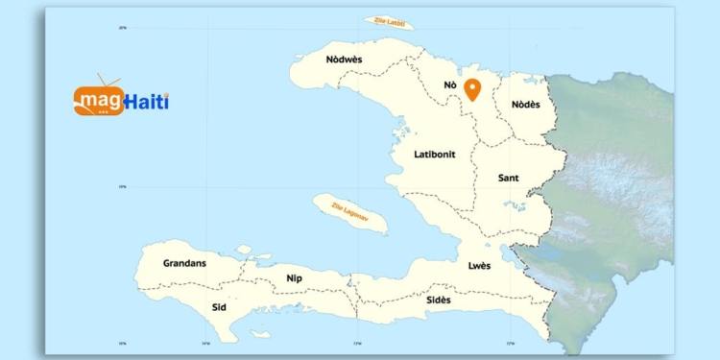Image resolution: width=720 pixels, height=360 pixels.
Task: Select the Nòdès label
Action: (x=525, y=104)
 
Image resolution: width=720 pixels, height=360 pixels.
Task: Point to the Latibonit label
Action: (x=434, y=154)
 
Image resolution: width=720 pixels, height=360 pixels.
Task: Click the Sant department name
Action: (x=509, y=179)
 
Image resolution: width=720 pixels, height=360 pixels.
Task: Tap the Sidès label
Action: (x=439, y=300)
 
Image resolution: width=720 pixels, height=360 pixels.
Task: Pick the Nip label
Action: (x=295, y=278)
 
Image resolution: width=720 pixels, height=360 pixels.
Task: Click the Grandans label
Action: (x=184, y=262)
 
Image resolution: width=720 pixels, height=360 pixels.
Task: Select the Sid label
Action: (x=219, y=307)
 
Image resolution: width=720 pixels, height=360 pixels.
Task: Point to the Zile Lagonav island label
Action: (x=350, y=212)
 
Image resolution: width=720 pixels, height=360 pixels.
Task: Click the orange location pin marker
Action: (x=472, y=89)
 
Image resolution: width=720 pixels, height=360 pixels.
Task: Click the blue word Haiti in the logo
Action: (x=147, y=101)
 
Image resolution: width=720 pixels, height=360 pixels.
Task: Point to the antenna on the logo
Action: (x=108, y=81)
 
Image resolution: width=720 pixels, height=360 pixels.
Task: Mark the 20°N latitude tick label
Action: (x=123, y=28)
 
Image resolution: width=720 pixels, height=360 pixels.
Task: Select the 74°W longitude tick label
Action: (x=205, y=343)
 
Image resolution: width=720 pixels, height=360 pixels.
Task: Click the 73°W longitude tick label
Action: (x=357, y=343)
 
